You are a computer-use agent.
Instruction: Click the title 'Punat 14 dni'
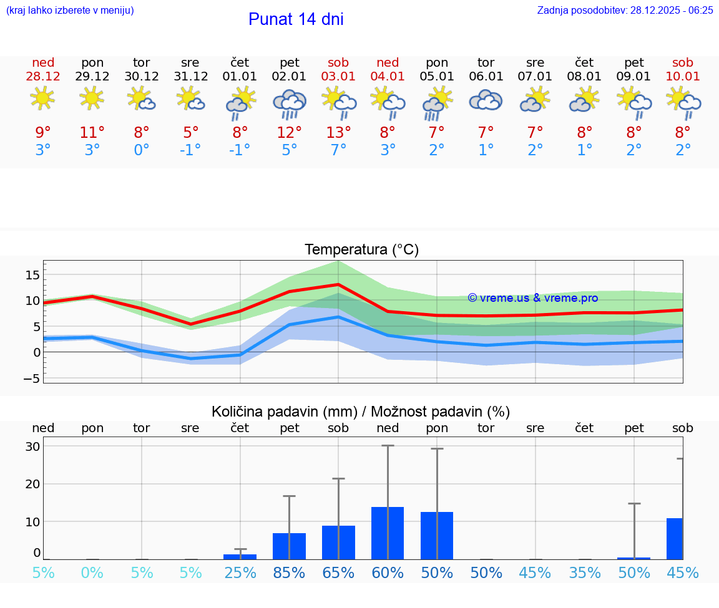click(x=296, y=19)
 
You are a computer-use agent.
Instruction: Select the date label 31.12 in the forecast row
click(x=190, y=77)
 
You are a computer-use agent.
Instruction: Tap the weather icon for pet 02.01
click(x=289, y=104)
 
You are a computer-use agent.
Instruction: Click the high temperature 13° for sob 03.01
click(x=338, y=133)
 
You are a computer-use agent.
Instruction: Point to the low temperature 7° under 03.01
click(x=338, y=150)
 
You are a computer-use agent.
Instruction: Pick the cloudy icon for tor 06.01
click(x=486, y=101)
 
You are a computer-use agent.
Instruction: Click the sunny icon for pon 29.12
click(x=92, y=99)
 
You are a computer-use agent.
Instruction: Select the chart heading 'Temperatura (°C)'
click(x=361, y=250)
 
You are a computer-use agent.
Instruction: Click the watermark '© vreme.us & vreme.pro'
click(x=532, y=298)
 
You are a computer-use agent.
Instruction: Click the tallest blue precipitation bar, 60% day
click(x=388, y=533)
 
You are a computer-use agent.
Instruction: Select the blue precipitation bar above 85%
click(x=289, y=546)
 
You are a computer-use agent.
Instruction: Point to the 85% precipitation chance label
click(x=289, y=572)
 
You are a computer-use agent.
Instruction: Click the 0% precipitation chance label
click(x=92, y=572)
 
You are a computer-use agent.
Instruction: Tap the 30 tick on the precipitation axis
click(x=33, y=446)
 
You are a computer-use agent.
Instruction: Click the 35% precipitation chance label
click(x=584, y=572)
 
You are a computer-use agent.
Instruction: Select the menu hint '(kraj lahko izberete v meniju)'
click(x=69, y=11)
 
